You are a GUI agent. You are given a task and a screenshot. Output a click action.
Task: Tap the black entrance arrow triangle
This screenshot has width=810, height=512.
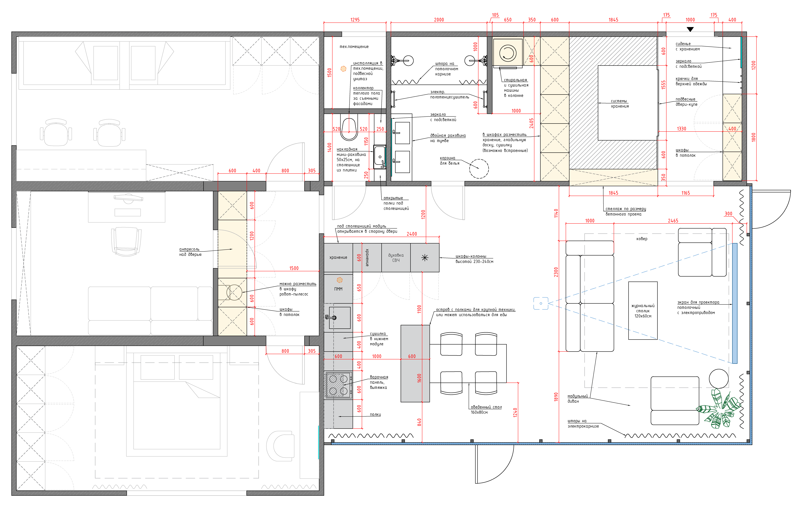pyautogui.click(x=690, y=29)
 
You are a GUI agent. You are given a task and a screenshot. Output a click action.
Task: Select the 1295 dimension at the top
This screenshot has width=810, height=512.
pyautogui.click(x=355, y=20)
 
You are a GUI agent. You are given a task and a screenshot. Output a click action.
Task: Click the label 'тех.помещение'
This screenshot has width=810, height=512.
pyautogui.click(x=354, y=46)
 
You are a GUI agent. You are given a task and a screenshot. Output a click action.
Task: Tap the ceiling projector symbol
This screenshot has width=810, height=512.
pyautogui.click(x=541, y=303)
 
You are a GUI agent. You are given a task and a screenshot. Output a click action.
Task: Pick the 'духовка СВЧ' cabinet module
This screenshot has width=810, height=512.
pyautogui.click(x=396, y=258)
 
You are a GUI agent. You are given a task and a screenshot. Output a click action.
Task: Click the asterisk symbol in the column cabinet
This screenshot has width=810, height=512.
pyautogui.click(x=425, y=258)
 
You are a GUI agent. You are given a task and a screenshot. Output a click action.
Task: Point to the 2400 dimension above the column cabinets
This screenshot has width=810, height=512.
pyautogui.click(x=412, y=234)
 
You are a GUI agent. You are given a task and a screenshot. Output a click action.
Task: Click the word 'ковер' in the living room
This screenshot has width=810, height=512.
pyautogui.click(x=641, y=239)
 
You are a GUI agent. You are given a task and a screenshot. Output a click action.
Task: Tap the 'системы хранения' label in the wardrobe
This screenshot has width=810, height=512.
pyautogui.click(x=620, y=104)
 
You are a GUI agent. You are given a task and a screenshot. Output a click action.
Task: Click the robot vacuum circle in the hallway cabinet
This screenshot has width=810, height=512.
pyautogui.click(x=234, y=292)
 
